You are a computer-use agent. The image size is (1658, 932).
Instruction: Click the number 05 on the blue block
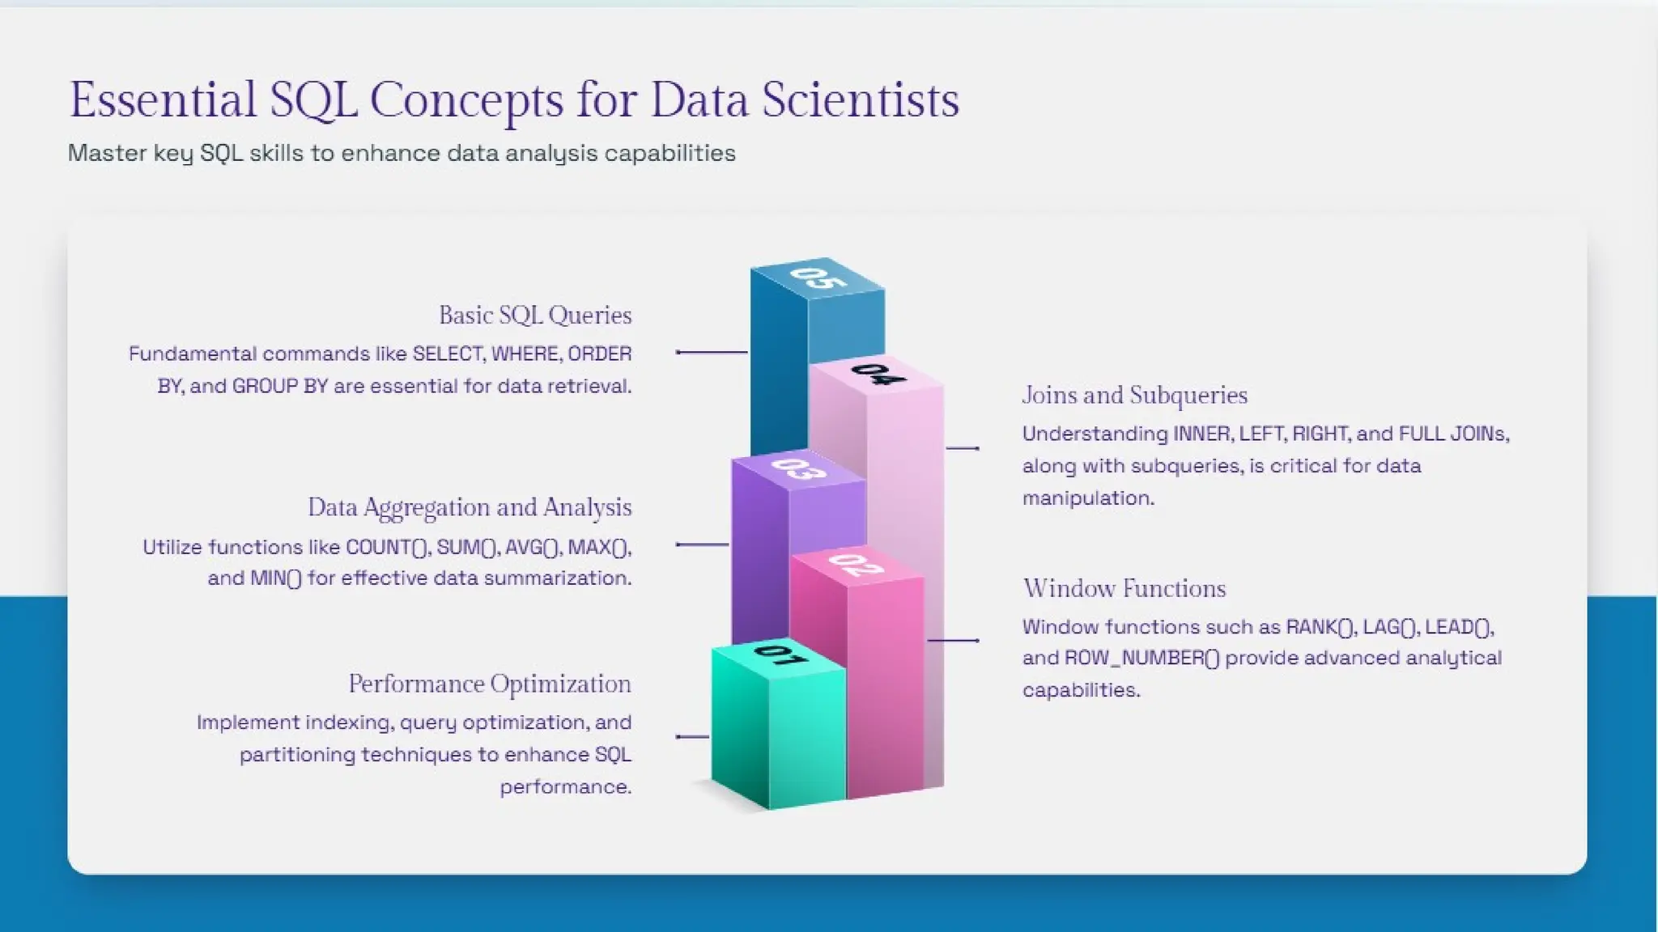click(818, 277)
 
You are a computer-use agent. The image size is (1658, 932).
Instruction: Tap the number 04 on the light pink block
click(878, 374)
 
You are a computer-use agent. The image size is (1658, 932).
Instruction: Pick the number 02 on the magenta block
click(857, 564)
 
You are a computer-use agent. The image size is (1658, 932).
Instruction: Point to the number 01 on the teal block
click(780, 654)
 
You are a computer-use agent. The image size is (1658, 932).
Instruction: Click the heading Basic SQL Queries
click(535, 315)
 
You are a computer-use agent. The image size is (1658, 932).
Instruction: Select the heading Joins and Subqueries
click(1134, 395)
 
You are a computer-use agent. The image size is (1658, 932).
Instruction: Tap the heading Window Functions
click(1124, 588)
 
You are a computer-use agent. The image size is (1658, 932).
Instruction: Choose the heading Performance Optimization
click(490, 684)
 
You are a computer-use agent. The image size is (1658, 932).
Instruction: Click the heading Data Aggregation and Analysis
click(470, 507)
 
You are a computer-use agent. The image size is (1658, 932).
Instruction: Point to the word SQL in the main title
click(313, 100)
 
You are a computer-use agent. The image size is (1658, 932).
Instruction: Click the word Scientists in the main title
click(860, 100)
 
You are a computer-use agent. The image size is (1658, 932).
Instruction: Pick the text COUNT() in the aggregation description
click(388, 547)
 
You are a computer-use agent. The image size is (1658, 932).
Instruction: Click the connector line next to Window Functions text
click(953, 640)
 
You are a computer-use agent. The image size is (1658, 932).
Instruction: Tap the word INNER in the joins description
click(1202, 434)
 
